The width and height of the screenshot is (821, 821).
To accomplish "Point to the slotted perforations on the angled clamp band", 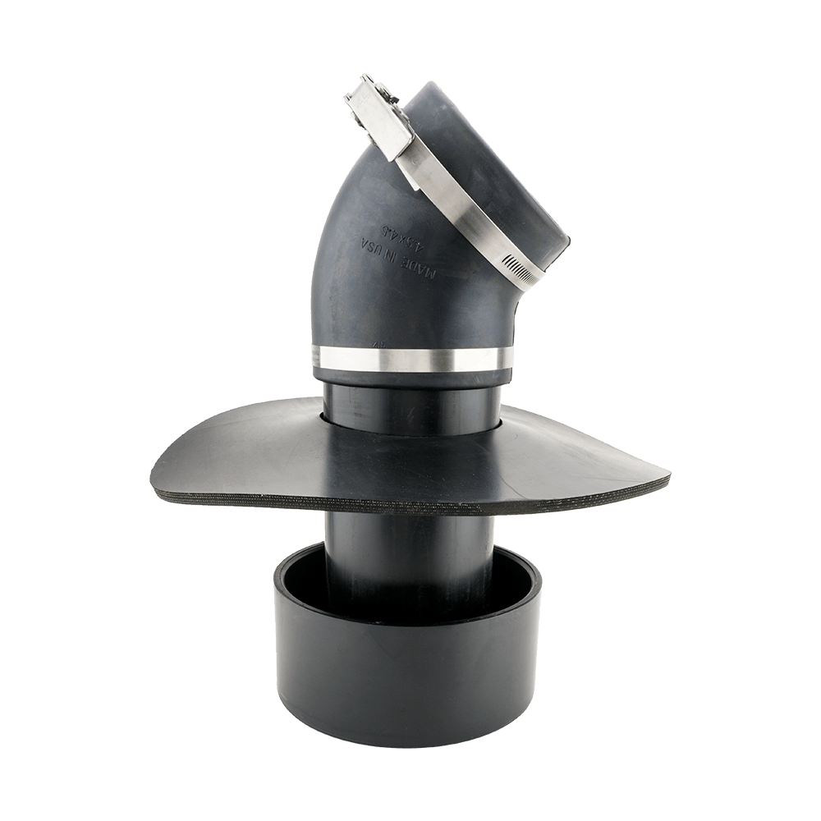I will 513,262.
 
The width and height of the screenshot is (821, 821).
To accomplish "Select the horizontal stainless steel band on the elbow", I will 410,358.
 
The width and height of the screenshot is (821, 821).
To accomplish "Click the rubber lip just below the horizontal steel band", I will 410,375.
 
